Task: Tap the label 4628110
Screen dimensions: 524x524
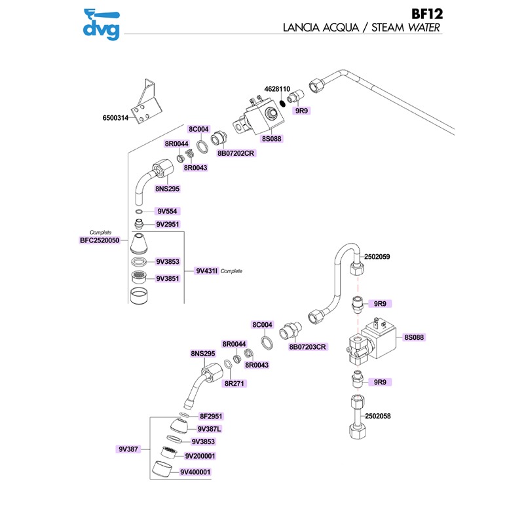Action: click(277, 88)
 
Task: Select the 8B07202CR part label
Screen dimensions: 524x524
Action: click(235, 153)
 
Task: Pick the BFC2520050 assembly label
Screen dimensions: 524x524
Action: click(100, 241)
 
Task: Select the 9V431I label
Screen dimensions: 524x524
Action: click(206, 271)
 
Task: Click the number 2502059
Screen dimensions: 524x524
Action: click(377, 257)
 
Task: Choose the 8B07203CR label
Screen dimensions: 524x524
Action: click(308, 346)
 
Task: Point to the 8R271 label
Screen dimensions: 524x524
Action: click(234, 383)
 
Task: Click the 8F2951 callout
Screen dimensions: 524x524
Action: click(212, 416)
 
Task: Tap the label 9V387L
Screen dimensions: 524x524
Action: click(210, 429)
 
